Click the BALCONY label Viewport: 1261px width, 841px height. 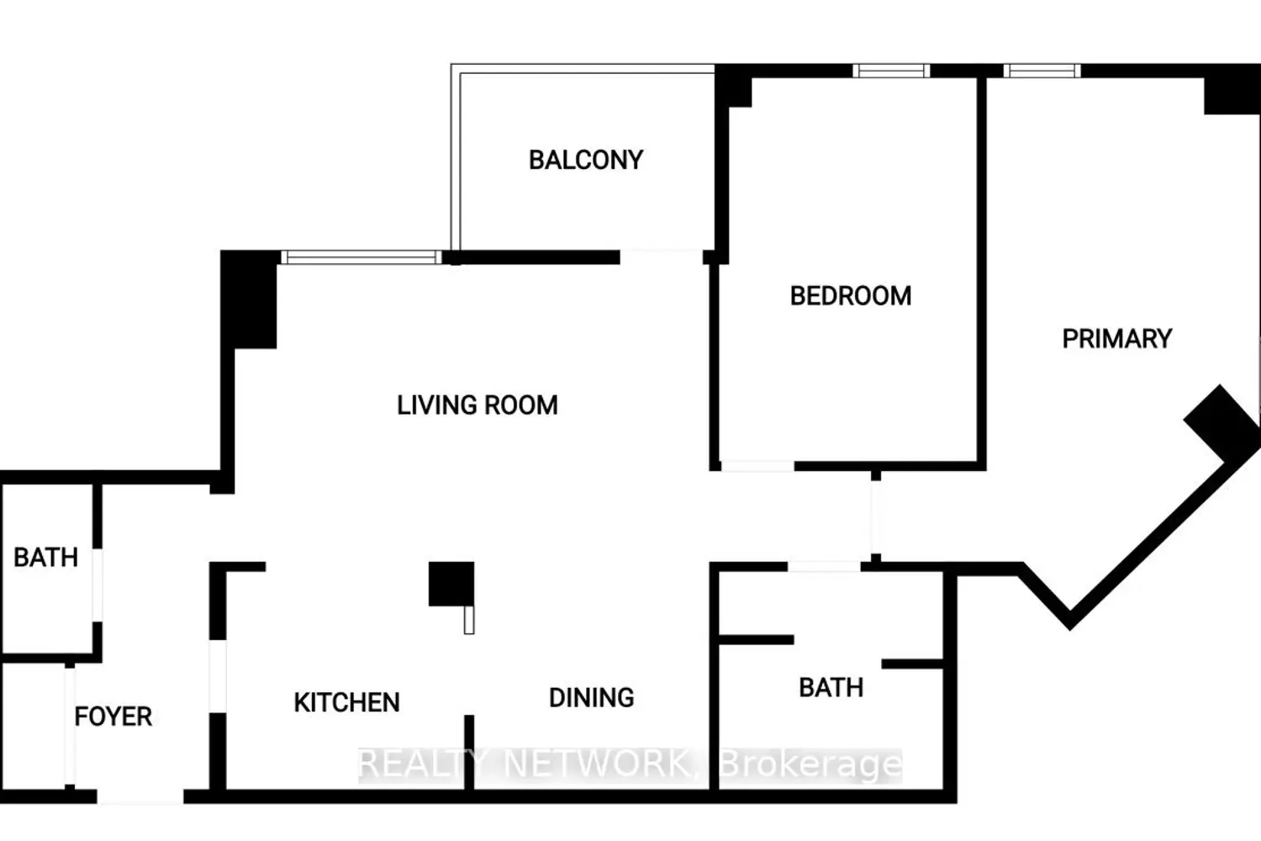pos(585,160)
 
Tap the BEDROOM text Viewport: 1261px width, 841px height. pos(851,296)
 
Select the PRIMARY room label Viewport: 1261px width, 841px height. pos(1117,339)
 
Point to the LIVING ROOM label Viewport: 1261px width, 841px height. pos(477,405)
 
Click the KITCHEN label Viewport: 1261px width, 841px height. pos(346,702)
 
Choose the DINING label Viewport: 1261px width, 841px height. pos(592,698)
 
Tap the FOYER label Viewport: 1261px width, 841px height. pos(113,717)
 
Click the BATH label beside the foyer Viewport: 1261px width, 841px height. pos(45,558)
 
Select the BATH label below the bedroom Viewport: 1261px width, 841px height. pos(831,688)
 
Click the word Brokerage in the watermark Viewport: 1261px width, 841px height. pos(810,764)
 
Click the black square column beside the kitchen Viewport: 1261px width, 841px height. pos(451,584)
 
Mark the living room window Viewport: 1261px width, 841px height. pos(361,257)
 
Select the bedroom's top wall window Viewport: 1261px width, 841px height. pos(891,71)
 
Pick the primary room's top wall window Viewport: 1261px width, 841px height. pos(1042,71)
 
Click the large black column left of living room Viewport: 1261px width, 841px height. pos(249,299)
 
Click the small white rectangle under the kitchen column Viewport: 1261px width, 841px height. pos(469,620)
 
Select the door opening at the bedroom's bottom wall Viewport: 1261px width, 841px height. pos(757,466)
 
